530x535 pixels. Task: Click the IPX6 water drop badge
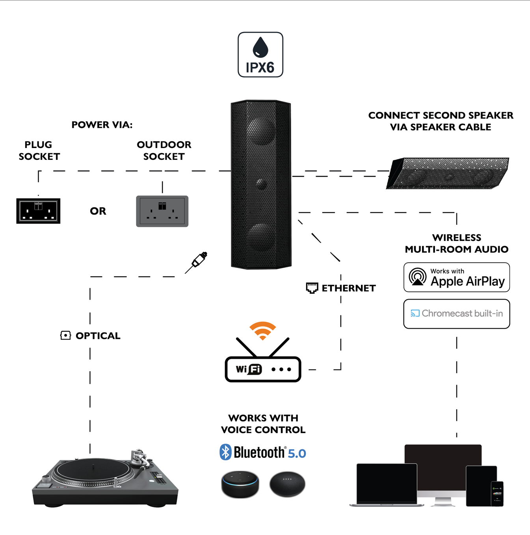260,55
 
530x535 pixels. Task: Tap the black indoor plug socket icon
38,211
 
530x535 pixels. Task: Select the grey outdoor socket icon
162,211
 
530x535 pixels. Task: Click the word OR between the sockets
98,211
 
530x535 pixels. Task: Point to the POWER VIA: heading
102,125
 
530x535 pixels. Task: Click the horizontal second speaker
448,173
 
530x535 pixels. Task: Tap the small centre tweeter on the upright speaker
260,183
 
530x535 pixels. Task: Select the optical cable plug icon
198,261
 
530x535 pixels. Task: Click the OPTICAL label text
98,336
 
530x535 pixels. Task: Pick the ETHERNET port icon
312,288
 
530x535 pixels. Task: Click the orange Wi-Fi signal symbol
262,330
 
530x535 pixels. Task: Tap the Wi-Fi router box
263,369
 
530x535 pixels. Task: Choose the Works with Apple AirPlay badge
456,278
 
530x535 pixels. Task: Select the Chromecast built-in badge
456,314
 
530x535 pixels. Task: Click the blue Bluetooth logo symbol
225,452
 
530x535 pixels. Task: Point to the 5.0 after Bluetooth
297,454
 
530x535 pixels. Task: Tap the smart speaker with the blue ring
240,484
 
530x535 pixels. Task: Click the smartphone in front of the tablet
497,494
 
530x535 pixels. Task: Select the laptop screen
387,483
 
